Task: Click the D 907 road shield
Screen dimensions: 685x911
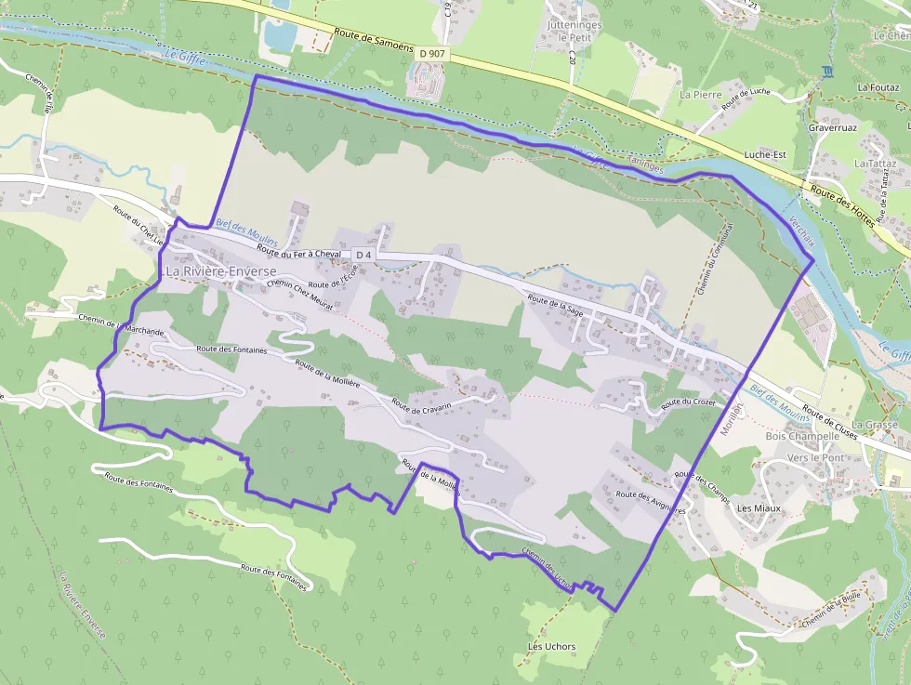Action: pyautogui.click(x=432, y=54)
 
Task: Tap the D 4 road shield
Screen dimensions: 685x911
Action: pyautogui.click(x=363, y=255)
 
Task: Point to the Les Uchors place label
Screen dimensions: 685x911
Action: pyautogui.click(x=551, y=647)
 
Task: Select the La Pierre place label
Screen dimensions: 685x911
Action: pyautogui.click(x=700, y=95)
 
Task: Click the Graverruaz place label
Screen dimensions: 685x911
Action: pyautogui.click(x=831, y=126)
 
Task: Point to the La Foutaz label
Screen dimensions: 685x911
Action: pyautogui.click(x=877, y=87)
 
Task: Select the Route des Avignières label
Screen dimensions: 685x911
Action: pyautogui.click(x=651, y=502)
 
